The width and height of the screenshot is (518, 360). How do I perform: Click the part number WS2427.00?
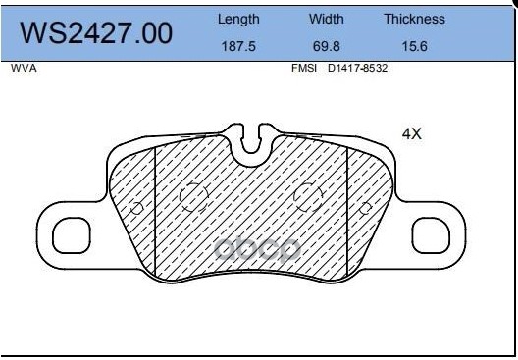96,33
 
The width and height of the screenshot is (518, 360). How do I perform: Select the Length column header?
238,20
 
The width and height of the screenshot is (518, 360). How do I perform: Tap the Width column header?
327,19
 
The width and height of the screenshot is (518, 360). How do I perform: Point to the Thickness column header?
414,19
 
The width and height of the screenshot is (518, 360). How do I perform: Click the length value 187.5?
238,46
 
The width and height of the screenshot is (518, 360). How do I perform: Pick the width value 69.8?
327,46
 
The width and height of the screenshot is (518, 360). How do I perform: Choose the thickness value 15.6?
414,46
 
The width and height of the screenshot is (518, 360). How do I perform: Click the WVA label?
24,68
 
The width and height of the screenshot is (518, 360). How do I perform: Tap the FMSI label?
304,68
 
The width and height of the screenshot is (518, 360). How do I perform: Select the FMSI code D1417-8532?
357,68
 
